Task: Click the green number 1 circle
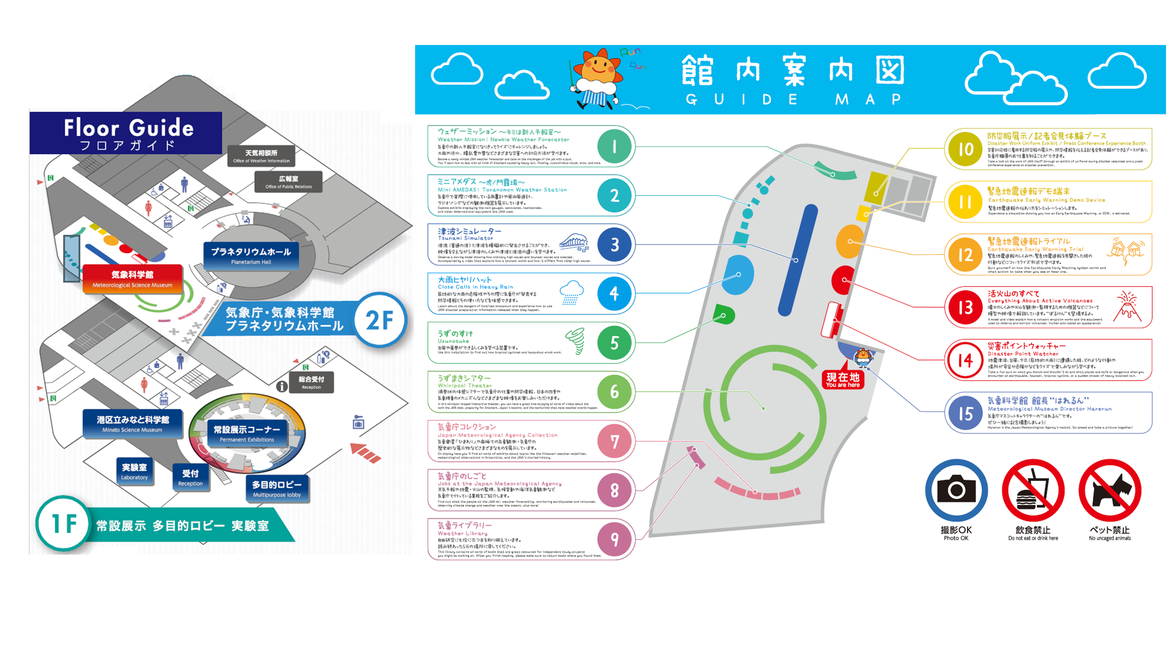point(614,147)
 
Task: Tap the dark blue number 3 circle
point(614,245)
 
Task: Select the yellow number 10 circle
point(965,149)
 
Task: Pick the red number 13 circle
point(965,307)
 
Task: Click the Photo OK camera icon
point(956,490)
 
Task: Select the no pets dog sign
point(1110,490)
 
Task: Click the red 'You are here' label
point(843,380)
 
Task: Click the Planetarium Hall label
point(251,256)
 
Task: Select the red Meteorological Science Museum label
point(132,279)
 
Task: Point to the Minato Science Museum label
point(132,423)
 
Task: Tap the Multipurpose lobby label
point(277,489)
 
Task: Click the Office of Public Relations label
point(288,182)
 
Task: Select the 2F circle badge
point(380,320)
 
